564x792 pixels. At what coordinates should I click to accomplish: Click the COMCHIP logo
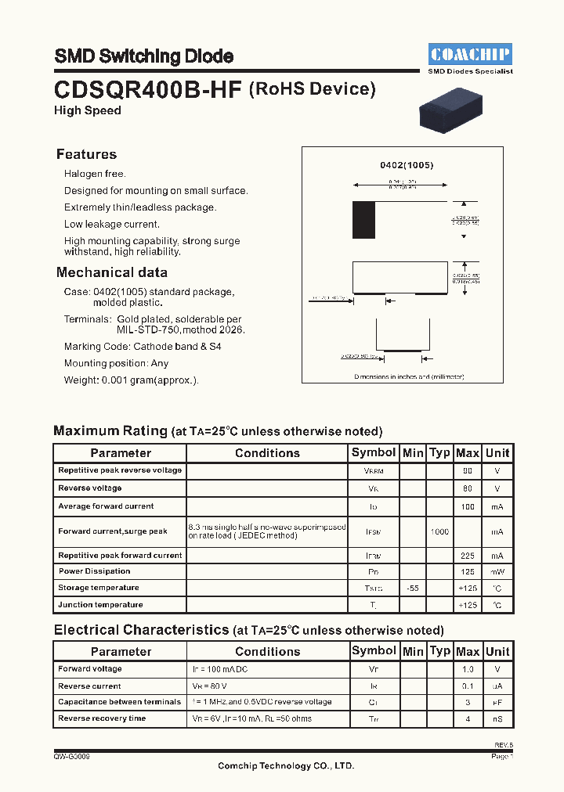click(470, 54)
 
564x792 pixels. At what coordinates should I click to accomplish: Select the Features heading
click(86, 154)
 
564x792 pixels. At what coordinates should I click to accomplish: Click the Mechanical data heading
click(111, 272)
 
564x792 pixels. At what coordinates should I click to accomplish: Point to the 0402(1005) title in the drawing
click(407, 165)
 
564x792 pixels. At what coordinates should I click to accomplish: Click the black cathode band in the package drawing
click(363, 220)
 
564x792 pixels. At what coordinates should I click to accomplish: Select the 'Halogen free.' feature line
click(95, 174)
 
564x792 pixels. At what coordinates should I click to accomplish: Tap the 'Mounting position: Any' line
click(116, 363)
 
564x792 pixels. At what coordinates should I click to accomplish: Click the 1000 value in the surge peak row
click(439, 532)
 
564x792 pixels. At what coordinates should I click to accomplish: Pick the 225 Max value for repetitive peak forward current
click(468, 556)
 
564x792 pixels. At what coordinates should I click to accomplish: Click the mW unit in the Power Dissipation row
click(497, 571)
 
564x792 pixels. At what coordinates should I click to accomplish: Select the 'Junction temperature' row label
click(100, 605)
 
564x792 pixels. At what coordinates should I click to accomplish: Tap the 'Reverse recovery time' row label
click(102, 718)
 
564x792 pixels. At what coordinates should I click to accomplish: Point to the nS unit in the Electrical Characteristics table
click(497, 718)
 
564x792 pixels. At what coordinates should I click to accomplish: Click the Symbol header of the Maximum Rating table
click(374, 452)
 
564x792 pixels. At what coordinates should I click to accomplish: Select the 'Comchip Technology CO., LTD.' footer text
click(286, 766)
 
